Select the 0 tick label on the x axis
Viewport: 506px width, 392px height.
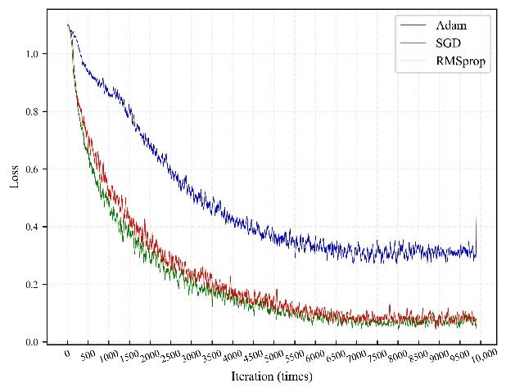(68, 355)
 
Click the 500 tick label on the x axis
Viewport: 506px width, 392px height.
(88, 357)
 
